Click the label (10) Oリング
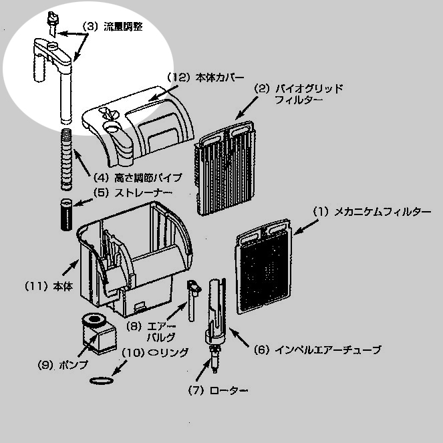click(x=152, y=351)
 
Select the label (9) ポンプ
click(x=55, y=365)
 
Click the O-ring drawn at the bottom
click(x=100, y=380)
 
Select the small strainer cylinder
click(x=66, y=214)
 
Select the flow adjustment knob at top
click(x=51, y=20)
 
